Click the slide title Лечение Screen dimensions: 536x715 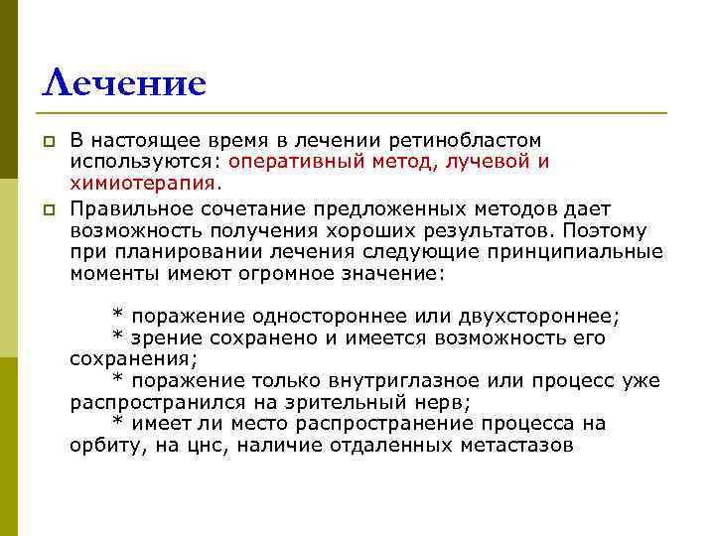(x=123, y=82)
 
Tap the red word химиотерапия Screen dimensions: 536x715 (x=145, y=183)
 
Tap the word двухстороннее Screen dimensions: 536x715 (x=537, y=317)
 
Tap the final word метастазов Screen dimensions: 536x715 (x=516, y=446)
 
